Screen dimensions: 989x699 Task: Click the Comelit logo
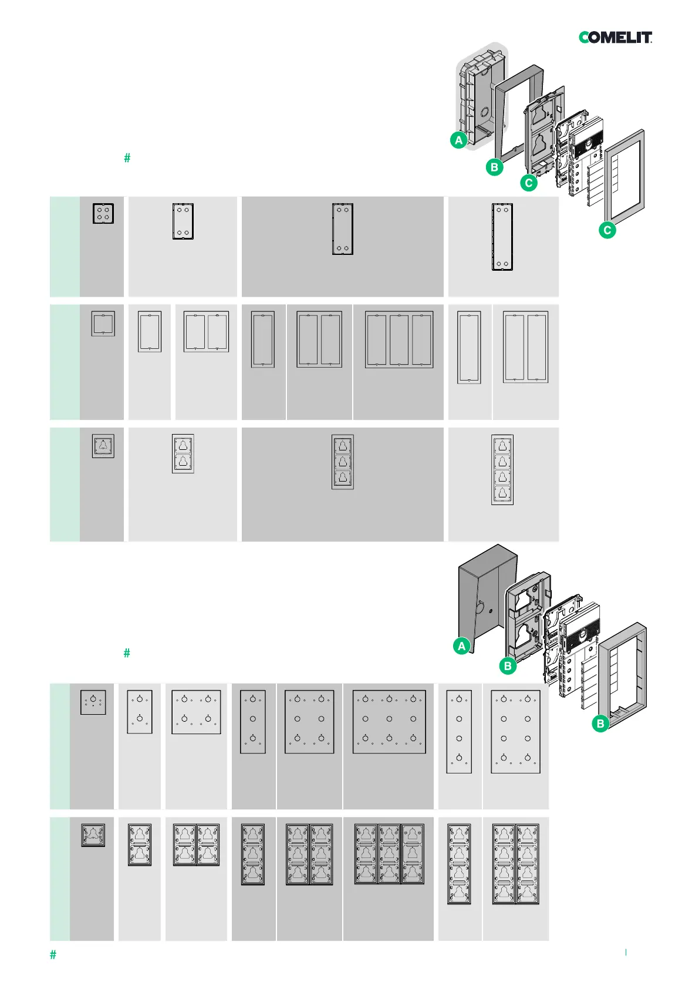[615, 38]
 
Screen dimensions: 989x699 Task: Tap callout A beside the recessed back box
[458, 140]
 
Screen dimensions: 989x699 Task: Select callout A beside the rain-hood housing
[462, 646]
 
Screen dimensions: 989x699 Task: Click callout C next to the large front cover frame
[607, 230]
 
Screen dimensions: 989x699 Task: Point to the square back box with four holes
[103, 213]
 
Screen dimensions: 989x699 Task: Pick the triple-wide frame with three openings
[399, 339]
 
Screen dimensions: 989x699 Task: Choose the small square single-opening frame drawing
[103, 324]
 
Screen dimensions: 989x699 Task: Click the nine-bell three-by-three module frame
[389, 854]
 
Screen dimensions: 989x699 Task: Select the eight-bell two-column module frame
[515, 864]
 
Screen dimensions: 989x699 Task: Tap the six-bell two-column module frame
[309, 854]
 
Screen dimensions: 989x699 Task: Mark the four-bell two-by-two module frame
[196, 845]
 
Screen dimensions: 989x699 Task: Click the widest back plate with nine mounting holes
[389, 722]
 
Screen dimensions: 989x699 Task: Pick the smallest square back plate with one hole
[93, 702]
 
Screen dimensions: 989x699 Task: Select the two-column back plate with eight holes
[515, 732]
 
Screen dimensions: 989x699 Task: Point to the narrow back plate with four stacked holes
[459, 732]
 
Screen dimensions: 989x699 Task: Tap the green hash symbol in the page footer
[53, 955]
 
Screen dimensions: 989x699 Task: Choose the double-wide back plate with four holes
[196, 712]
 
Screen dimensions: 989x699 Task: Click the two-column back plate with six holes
[309, 722]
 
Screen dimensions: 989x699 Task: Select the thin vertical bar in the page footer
[626, 952]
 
